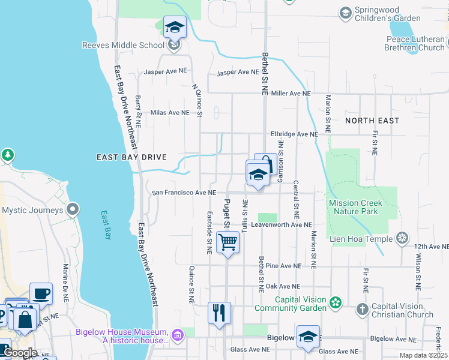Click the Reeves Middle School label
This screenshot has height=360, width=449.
point(123,45)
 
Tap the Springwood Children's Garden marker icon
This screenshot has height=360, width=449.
point(345,12)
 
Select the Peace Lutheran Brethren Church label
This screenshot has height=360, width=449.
point(415,43)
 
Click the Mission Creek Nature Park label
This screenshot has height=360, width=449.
point(355,207)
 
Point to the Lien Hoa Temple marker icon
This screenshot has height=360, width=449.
point(402,239)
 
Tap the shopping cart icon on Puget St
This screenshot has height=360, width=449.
point(228,242)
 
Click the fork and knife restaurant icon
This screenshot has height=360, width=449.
point(218,313)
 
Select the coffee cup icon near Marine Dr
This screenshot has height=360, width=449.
point(41,294)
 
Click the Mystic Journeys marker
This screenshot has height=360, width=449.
point(73,210)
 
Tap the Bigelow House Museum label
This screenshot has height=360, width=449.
point(121,336)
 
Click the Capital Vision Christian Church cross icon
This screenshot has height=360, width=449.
point(362,309)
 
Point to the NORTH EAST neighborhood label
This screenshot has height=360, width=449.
point(372,121)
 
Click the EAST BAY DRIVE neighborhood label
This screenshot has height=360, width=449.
point(131,157)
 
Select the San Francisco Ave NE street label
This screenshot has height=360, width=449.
point(184,193)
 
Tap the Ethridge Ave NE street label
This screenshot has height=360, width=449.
point(294,134)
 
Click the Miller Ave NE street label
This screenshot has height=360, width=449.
point(291,94)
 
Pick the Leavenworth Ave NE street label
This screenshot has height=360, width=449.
point(282,225)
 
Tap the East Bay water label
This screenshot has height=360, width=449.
point(107,225)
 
